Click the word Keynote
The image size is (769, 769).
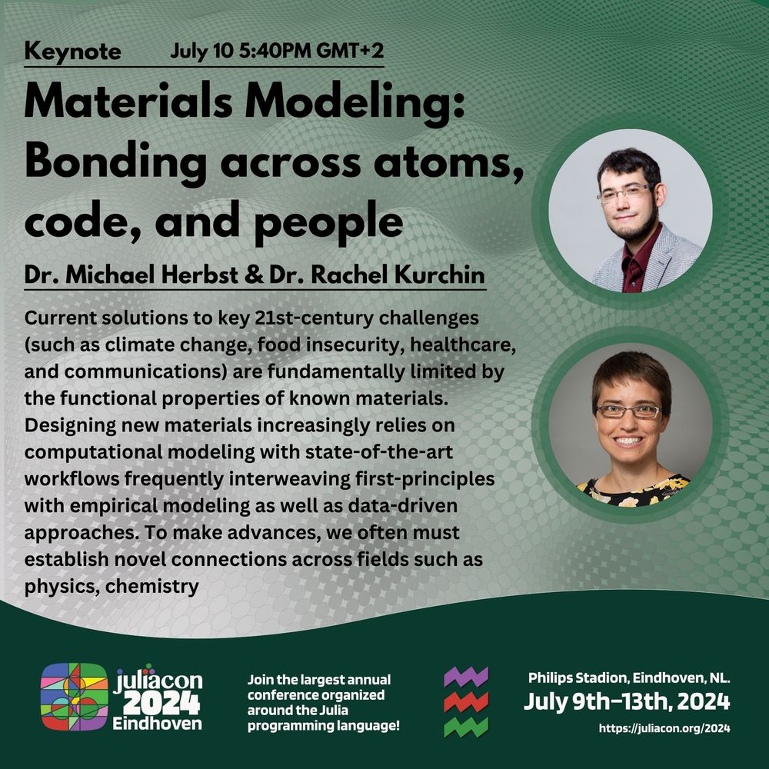tap(72, 52)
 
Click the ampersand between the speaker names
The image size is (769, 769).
tap(254, 275)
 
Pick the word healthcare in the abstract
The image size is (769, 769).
tap(462, 345)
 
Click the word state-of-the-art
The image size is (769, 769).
tap(378, 451)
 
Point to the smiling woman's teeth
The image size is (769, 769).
tap(628, 441)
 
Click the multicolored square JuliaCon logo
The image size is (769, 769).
tap(75, 697)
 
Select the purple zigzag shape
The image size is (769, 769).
tap(466, 677)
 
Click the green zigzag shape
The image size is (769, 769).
tap(466, 727)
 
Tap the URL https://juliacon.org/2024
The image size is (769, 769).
tap(664, 728)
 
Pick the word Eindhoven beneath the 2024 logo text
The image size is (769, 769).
tap(157, 724)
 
